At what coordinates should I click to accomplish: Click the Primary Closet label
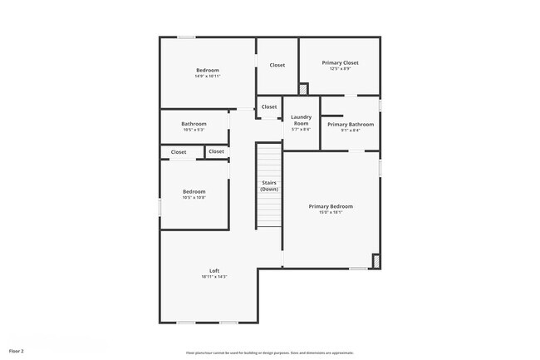[340, 62]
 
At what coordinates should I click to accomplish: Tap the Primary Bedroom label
[331, 206]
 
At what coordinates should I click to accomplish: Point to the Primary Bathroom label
[350, 124]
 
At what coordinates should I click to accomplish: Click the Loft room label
[214, 270]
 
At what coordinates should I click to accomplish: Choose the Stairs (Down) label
[269, 185]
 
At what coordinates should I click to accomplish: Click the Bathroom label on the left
[194, 124]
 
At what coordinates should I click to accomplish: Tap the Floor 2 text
[17, 352]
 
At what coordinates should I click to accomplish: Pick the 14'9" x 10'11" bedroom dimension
[207, 76]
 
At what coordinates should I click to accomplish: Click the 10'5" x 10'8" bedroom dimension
[194, 198]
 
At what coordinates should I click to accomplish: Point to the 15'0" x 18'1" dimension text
[331, 212]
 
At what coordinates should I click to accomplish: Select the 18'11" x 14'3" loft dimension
[214, 277]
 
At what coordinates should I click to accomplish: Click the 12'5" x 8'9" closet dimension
[340, 69]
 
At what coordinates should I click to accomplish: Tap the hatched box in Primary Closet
[303, 88]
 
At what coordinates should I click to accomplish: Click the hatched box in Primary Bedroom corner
[376, 261]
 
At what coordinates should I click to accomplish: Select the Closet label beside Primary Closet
[277, 65]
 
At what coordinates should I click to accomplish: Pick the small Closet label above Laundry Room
[269, 106]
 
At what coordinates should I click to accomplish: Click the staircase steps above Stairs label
[269, 158]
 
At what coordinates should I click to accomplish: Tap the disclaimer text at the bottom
[270, 353]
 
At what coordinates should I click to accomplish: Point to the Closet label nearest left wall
[179, 152]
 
